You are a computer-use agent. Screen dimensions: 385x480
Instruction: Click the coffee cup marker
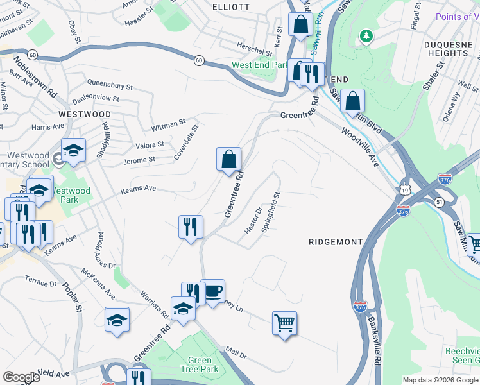(x=213, y=291)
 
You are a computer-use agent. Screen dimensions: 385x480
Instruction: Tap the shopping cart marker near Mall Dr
(x=284, y=323)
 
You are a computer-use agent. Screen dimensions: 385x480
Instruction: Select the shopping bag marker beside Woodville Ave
(x=352, y=101)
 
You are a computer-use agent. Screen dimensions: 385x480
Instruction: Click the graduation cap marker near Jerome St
(x=74, y=150)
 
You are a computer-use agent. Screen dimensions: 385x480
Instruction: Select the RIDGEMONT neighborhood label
(x=336, y=242)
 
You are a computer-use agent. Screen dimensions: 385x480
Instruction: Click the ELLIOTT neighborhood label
(x=230, y=6)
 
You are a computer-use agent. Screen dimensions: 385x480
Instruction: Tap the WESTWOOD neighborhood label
(x=85, y=114)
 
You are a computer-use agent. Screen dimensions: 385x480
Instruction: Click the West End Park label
(x=260, y=65)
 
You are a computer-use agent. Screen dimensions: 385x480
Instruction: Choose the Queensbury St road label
(x=110, y=85)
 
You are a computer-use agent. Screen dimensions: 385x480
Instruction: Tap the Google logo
(x=21, y=377)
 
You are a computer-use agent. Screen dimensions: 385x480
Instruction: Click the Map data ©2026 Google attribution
(x=440, y=380)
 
